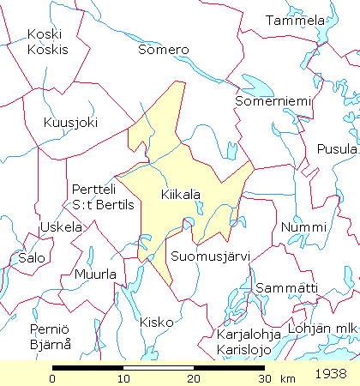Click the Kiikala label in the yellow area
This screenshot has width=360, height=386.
[x=180, y=196]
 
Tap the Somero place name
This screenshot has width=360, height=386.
[x=163, y=50]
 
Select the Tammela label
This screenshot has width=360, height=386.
[x=296, y=21]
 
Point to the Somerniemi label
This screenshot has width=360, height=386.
[x=272, y=102]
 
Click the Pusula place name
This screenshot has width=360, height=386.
[x=337, y=148]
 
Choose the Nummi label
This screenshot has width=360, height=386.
[x=303, y=227]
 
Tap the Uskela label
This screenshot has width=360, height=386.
[x=61, y=227]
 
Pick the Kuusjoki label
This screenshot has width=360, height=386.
[x=70, y=123]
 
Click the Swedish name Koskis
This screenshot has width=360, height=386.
[x=47, y=49]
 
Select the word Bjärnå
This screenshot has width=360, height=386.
[x=50, y=344]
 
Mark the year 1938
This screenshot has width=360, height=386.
[x=331, y=374]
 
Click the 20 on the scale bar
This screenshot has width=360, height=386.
[x=195, y=378]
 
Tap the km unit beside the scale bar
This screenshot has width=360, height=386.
[x=287, y=378]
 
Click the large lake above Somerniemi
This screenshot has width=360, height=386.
[x=257, y=85]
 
